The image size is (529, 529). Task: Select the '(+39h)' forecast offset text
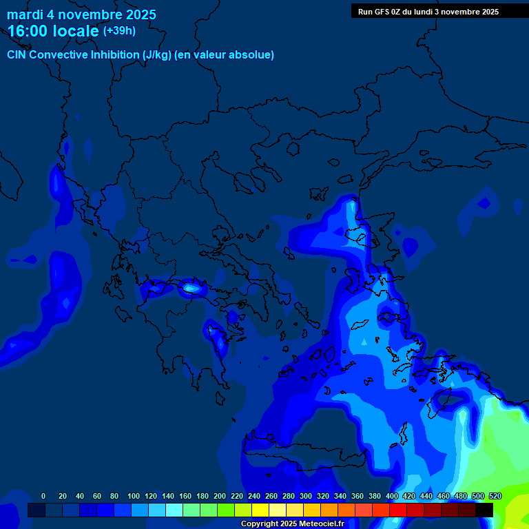pos(119,31)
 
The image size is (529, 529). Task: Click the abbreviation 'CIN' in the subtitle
pos(17,55)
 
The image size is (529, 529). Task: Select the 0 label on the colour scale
pos(43,496)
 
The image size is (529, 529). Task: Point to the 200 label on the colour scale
pos(220,496)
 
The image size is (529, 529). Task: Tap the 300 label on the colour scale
pos(306,496)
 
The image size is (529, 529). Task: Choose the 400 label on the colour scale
pos(392,496)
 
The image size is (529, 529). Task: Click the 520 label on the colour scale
pos(495,496)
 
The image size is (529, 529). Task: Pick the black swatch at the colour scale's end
pos(484,510)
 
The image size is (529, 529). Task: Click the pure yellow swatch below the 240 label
pos(260,510)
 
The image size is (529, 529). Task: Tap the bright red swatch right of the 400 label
pos(398,510)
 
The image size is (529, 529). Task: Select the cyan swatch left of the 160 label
pos(174,510)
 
